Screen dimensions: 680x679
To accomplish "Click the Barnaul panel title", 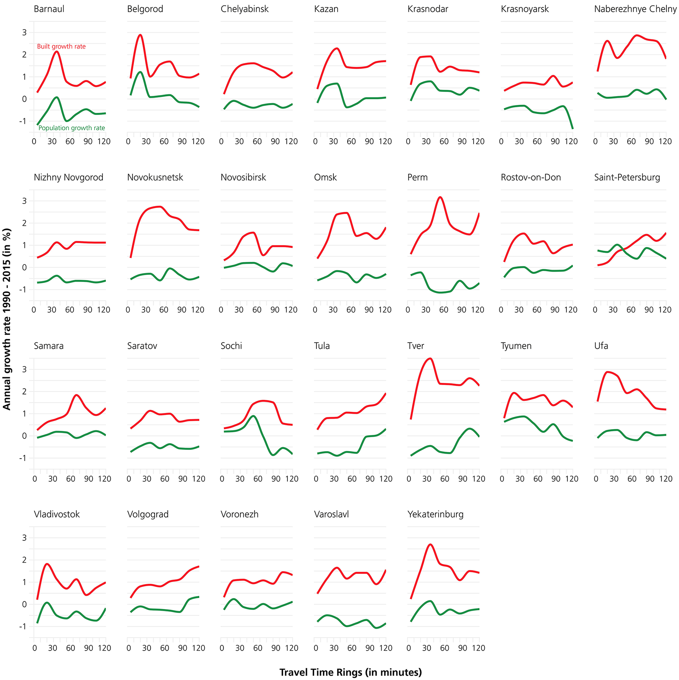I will [x=49, y=9].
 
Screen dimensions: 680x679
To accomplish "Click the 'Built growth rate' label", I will [x=61, y=46].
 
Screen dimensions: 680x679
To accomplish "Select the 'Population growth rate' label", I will [x=72, y=128].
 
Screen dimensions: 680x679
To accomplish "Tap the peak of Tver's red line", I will [x=430, y=359].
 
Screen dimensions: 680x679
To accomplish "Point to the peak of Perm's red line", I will [x=440, y=197].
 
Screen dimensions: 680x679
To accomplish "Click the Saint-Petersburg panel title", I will [x=627, y=177].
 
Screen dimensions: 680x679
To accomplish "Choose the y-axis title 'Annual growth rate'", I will [x=7, y=319].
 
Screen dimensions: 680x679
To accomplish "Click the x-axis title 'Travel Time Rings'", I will [x=350, y=672].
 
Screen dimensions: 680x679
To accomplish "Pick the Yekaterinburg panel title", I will [x=435, y=514].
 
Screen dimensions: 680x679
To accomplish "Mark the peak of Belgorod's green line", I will [x=140, y=72].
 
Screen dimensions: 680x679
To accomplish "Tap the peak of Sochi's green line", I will [x=253, y=416].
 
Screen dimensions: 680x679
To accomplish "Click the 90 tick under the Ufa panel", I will [x=650, y=479].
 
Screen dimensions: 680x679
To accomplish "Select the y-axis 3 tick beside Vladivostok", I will [x=25, y=538].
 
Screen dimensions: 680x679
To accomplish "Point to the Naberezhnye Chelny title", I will [x=635, y=9].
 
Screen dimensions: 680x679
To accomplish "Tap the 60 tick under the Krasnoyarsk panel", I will [x=537, y=141].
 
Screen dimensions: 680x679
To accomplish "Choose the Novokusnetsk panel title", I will [x=155, y=177].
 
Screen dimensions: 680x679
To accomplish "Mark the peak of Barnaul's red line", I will [x=56, y=51].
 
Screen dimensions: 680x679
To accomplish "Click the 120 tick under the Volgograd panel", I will [x=198, y=648].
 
